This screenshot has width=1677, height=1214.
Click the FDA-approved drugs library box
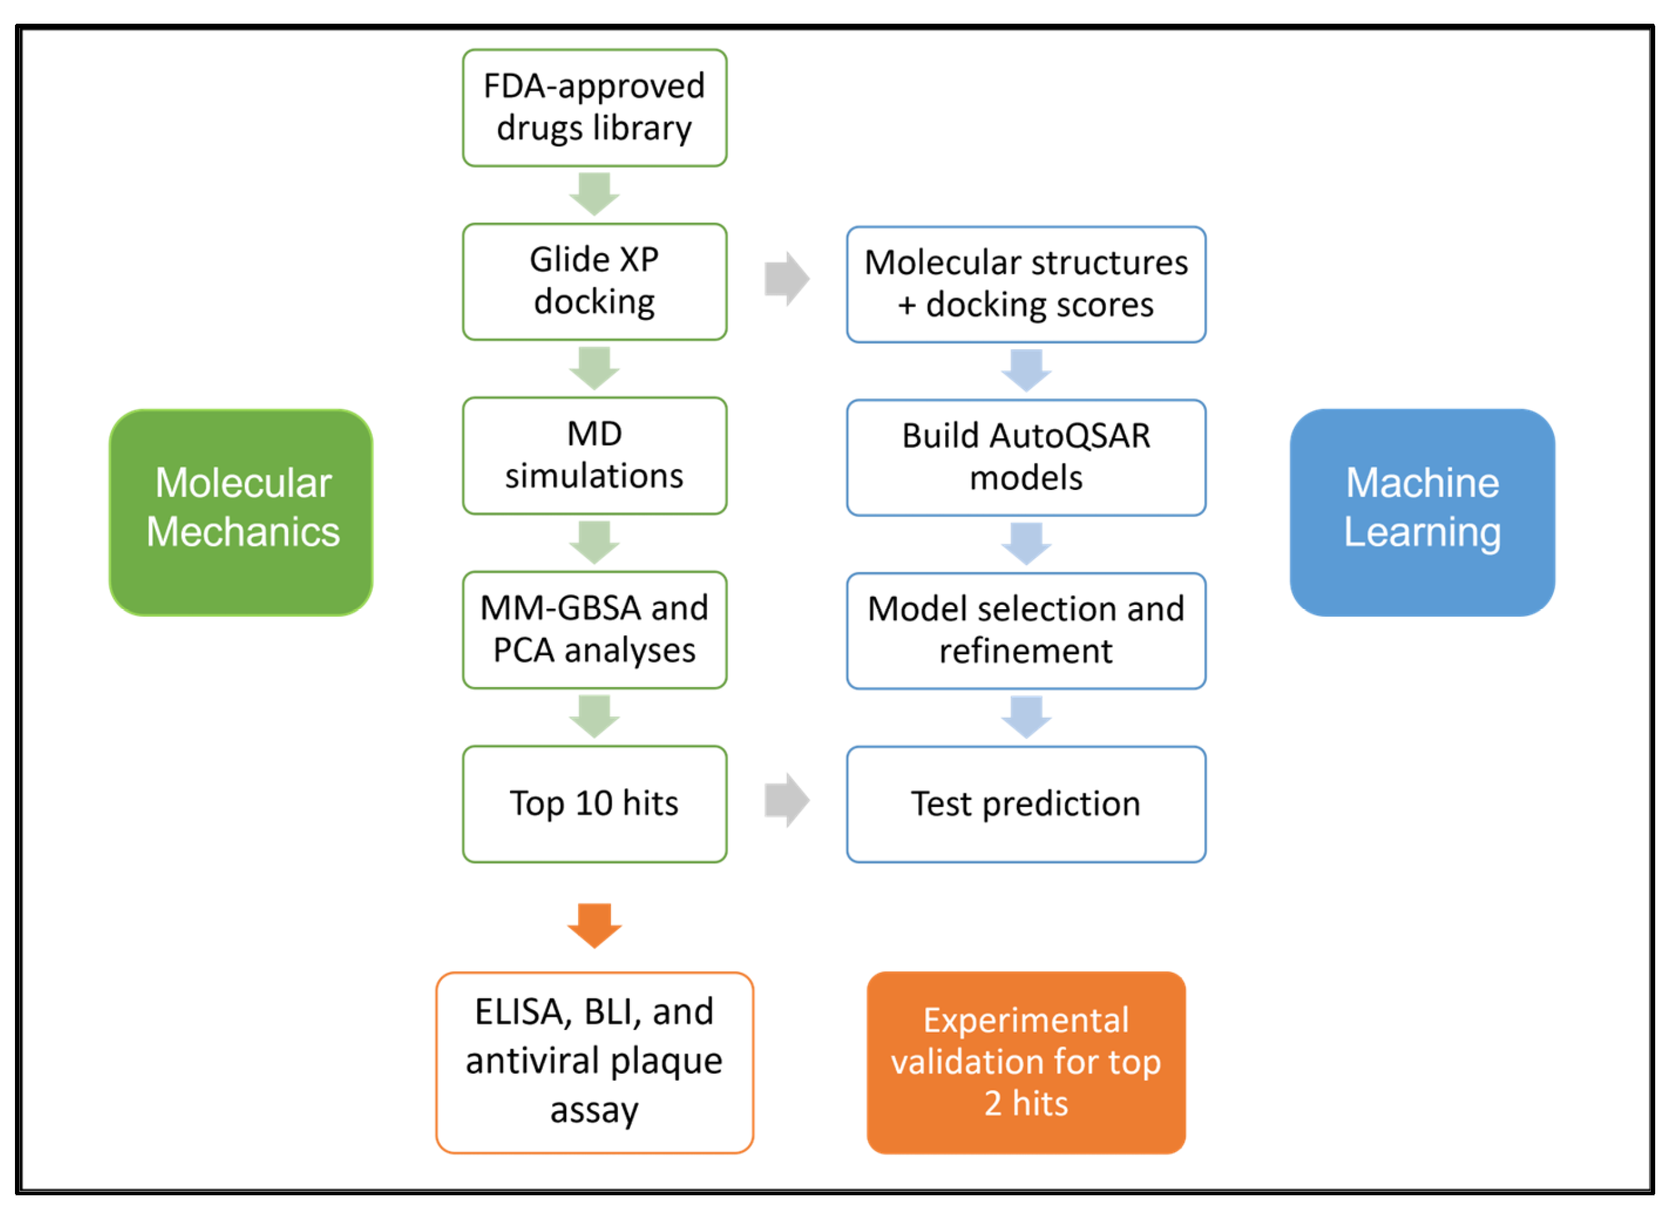click(595, 108)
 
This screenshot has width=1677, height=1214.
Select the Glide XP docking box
click(595, 282)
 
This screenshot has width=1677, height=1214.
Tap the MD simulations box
click(595, 455)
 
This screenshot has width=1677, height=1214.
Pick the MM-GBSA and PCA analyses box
click(595, 630)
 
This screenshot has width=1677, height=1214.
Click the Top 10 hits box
click(595, 804)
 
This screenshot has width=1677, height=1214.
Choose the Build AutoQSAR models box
click(1026, 458)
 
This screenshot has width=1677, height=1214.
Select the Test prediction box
click(1026, 804)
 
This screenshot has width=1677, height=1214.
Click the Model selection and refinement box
click(1026, 630)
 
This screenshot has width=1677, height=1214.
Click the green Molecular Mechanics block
click(241, 512)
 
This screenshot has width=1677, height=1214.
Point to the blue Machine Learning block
click(1421, 512)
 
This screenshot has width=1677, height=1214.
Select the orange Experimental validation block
click(1026, 1062)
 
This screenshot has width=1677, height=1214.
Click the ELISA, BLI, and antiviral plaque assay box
click(595, 1062)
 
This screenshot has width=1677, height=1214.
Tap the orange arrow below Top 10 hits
click(595, 925)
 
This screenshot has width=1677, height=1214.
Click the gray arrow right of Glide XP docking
click(787, 279)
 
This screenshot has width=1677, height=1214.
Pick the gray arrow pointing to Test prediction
click(787, 800)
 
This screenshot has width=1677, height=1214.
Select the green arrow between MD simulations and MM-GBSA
click(595, 542)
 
